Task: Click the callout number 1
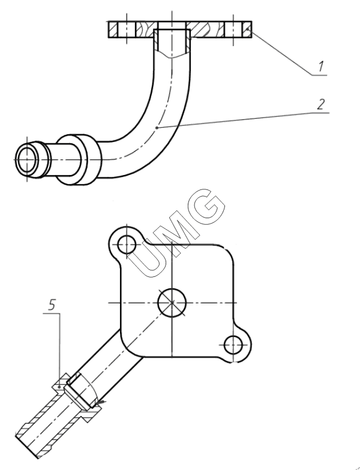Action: pyautogui.click(x=321, y=67)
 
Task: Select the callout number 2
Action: pyautogui.click(x=320, y=104)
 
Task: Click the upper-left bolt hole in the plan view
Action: pyautogui.click(x=127, y=245)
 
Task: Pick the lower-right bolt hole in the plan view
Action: pyautogui.click(x=233, y=345)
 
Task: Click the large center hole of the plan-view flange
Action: pyautogui.click(x=172, y=303)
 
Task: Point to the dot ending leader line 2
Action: pyautogui.click(x=157, y=128)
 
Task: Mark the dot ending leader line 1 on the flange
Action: pyautogui.click(x=247, y=29)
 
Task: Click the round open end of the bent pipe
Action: pyautogui.click(x=28, y=159)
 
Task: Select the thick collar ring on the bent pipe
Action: pyautogui.click(x=79, y=159)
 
